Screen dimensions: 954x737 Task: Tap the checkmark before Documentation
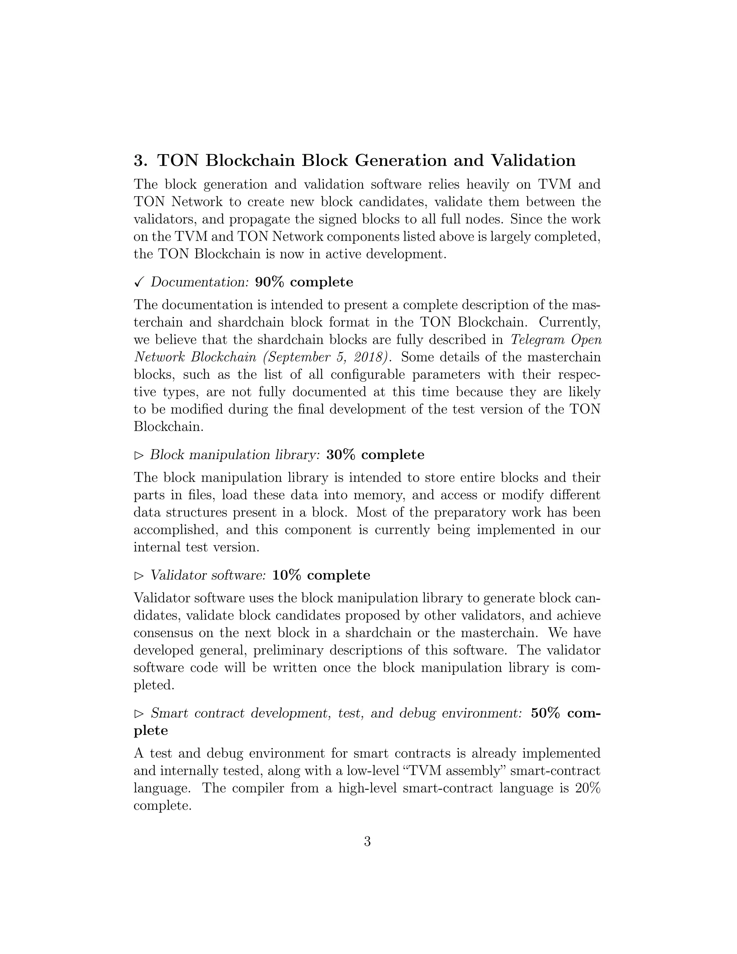(x=139, y=283)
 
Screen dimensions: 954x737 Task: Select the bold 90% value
(x=270, y=282)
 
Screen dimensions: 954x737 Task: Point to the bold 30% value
(x=341, y=455)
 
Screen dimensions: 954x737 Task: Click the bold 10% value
(x=287, y=575)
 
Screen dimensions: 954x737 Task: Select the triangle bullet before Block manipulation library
(x=139, y=456)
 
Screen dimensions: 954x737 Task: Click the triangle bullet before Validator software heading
(x=139, y=576)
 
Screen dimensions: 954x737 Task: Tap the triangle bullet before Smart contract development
(x=139, y=714)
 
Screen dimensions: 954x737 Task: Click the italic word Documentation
(x=199, y=282)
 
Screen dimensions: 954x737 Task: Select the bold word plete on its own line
(x=151, y=731)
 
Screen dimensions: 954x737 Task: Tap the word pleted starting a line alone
(x=154, y=685)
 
